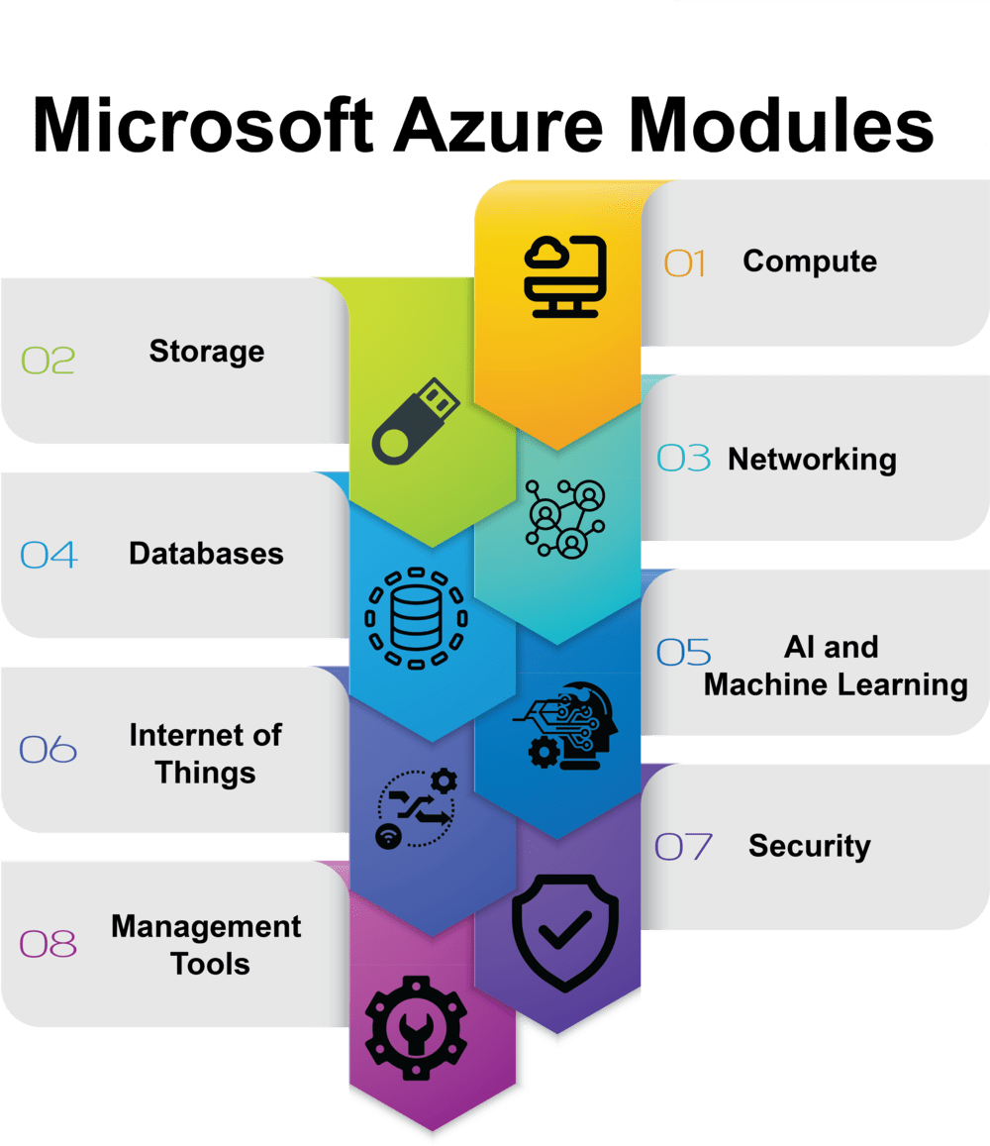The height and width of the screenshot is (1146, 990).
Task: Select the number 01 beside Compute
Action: (x=685, y=263)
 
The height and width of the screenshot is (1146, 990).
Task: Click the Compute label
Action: (x=810, y=261)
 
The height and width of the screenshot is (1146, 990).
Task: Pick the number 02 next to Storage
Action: (x=49, y=360)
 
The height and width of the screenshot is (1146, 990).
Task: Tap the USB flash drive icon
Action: (x=413, y=423)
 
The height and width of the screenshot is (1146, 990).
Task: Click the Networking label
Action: (x=812, y=460)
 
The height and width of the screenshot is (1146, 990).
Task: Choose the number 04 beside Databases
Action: (x=49, y=555)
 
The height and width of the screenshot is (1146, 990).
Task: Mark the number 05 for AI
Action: (x=684, y=652)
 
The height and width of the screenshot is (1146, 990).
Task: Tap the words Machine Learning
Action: (x=836, y=684)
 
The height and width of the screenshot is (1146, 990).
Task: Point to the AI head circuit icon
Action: (x=565, y=726)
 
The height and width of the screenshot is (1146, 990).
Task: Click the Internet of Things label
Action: (x=205, y=753)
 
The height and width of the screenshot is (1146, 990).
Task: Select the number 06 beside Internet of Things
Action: (x=49, y=750)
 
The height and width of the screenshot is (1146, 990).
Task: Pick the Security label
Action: (x=810, y=846)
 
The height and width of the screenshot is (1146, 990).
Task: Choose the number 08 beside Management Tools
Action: (x=49, y=944)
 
